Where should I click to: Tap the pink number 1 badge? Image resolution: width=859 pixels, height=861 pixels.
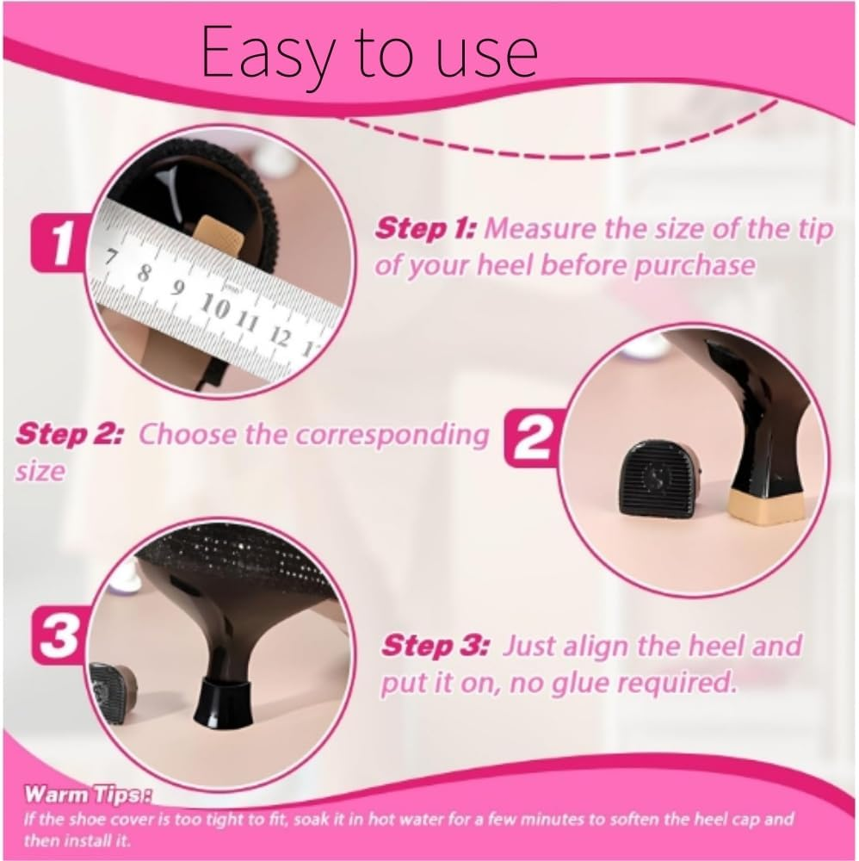(60, 245)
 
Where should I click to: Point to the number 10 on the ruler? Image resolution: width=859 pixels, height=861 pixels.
(216, 304)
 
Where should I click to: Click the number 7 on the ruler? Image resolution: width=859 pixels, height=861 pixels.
(112, 259)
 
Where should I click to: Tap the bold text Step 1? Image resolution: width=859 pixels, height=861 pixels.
(426, 230)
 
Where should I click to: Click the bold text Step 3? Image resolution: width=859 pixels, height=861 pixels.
(435, 645)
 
